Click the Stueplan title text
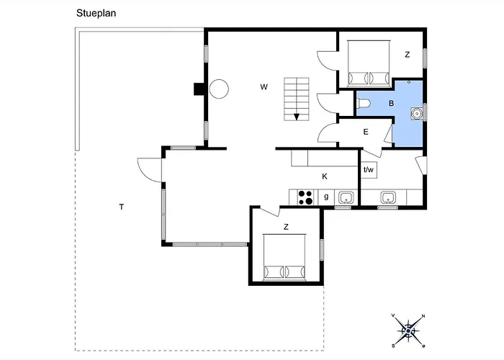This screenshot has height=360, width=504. [x=96, y=13]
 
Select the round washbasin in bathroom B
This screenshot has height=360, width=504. [x=417, y=114]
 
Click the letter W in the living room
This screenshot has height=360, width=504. [x=264, y=87]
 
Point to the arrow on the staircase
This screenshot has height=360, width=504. [x=297, y=117]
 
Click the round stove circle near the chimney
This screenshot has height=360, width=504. [x=219, y=89]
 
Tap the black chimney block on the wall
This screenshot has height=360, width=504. [x=199, y=89]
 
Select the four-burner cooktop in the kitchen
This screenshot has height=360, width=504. [x=305, y=197]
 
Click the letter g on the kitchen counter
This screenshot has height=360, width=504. [x=326, y=197]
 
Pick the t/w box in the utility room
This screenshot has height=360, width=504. [x=369, y=170]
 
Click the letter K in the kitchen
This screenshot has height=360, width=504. [x=325, y=176]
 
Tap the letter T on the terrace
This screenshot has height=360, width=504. [x=122, y=207]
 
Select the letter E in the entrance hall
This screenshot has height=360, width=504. [x=366, y=132]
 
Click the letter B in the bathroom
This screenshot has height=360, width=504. [x=391, y=103]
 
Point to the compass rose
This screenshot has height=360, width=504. [x=408, y=330]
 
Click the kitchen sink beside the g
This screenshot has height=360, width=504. [x=346, y=198]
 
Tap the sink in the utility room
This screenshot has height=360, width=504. [x=388, y=197]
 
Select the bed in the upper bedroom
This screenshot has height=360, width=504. [x=369, y=63]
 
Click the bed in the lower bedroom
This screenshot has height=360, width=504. [x=284, y=257]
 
